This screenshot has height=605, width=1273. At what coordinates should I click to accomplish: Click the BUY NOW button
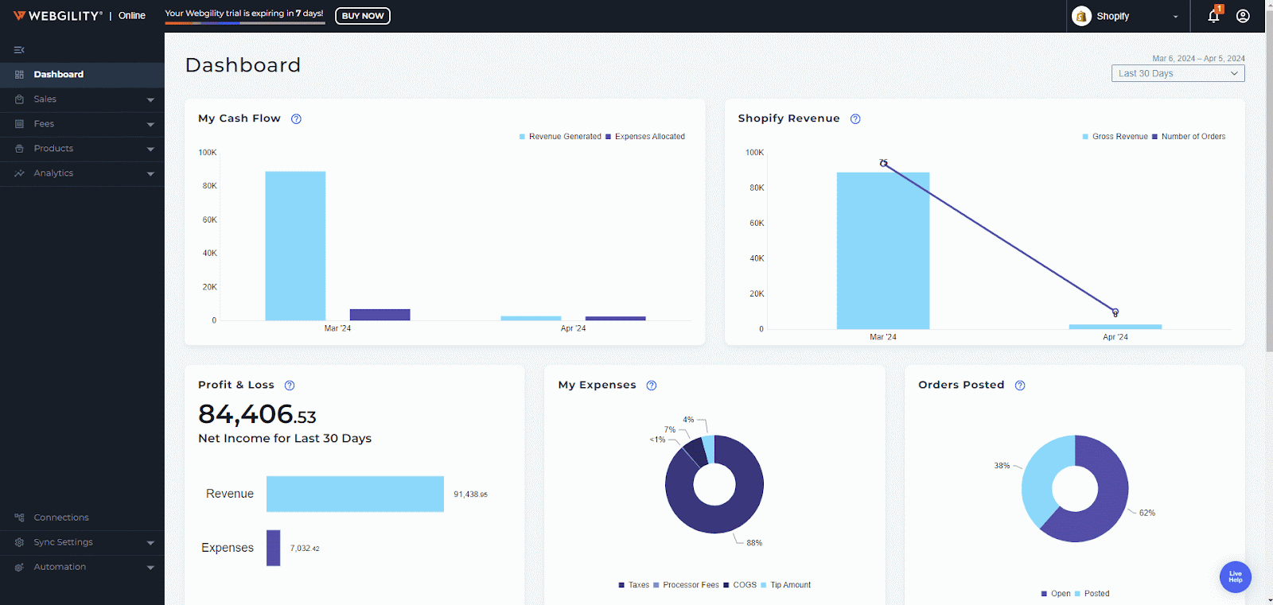tap(362, 16)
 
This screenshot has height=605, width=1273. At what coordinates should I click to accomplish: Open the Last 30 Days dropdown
tap(1178, 74)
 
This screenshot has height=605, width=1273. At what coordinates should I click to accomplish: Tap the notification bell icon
tap(1213, 16)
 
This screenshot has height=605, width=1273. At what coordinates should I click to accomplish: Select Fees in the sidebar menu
tap(45, 124)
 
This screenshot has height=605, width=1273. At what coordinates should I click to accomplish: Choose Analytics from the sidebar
tap(53, 173)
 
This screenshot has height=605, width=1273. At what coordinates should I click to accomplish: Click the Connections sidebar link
tap(61, 518)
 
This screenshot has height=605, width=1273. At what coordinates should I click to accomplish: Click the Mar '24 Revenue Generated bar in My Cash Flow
tap(295, 246)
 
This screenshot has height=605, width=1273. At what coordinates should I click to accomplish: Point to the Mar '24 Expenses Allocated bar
tap(380, 315)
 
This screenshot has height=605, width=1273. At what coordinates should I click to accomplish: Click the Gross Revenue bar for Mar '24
tap(882, 250)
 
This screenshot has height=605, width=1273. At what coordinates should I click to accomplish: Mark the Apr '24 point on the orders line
tap(1115, 312)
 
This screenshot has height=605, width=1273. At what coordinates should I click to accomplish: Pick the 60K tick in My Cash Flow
tap(209, 220)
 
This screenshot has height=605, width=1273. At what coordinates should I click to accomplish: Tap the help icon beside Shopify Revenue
tap(855, 119)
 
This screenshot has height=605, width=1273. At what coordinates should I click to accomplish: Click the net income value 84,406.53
tap(257, 414)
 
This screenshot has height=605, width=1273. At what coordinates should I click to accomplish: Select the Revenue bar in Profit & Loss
tap(355, 494)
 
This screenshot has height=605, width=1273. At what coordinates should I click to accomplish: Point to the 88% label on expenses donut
tap(753, 543)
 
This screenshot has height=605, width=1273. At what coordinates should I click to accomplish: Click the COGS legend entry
tap(744, 585)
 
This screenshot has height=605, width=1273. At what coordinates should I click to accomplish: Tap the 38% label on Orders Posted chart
tap(1002, 466)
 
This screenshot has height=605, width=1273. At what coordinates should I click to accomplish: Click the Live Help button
tap(1235, 576)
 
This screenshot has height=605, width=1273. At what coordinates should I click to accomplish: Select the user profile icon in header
tap(1243, 16)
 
